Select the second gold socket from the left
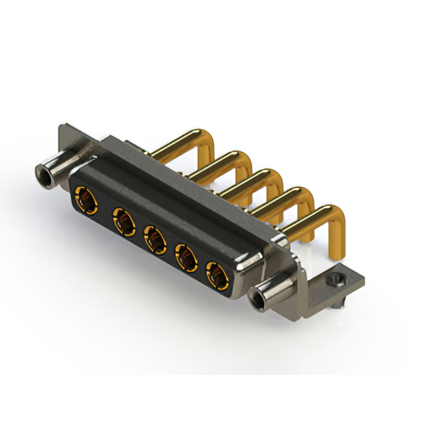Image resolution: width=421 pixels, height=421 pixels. pyautogui.click(x=122, y=221)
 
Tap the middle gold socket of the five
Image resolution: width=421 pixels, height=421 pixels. pyautogui.click(x=155, y=239)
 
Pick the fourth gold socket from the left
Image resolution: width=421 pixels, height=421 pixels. pyautogui.click(x=187, y=259)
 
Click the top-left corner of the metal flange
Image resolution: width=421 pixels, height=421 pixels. pyautogui.click(x=62, y=126)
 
